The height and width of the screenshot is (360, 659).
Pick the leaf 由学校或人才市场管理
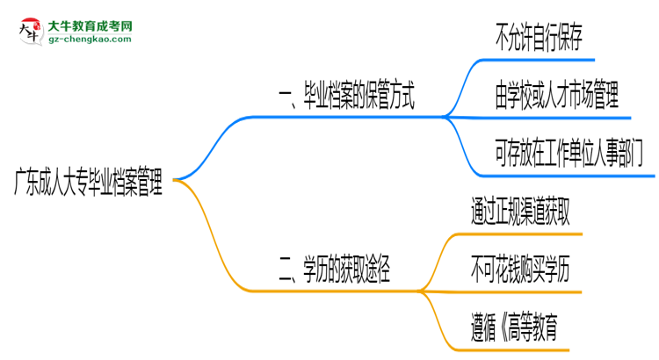(x=556, y=95)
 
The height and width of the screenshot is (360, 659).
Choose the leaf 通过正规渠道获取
(x=520, y=213)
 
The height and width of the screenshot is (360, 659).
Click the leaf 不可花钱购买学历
(x=520, y=271)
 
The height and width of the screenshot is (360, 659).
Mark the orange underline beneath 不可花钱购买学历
(x=520, y=291)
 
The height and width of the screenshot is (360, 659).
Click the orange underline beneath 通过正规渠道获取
(x=520, y=234)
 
